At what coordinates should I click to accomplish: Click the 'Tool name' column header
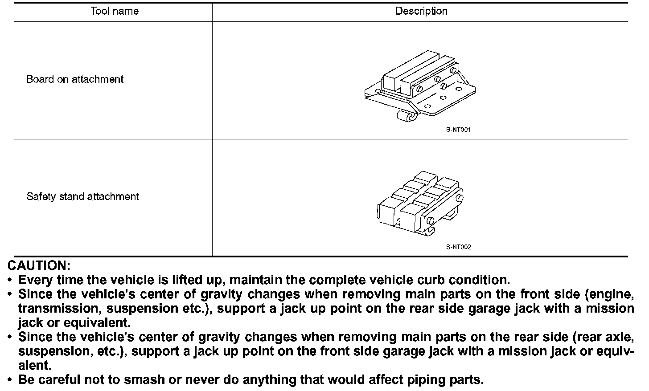click(115, 11)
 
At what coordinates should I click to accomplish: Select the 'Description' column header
click(421, 11)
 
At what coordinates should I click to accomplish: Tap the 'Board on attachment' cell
click(75, 79)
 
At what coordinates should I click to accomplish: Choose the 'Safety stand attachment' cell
click(82, 196)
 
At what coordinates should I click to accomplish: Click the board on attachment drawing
click(420, 85)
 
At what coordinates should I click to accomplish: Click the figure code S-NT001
click(458, 130)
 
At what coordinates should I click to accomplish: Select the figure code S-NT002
click(458, 247)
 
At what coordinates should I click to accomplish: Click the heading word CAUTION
click(39, 266)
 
